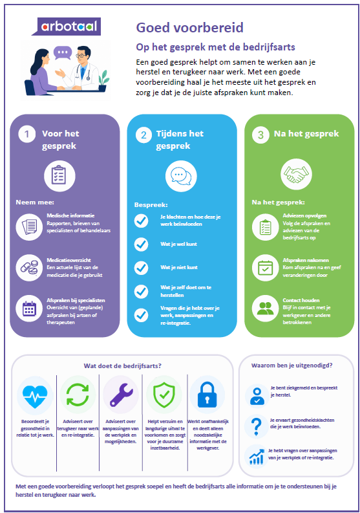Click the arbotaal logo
(67, 26)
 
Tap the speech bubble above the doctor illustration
(63, 52)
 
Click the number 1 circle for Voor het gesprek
(26, 134)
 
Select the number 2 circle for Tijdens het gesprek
(143, 135)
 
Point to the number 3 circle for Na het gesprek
(260, 135)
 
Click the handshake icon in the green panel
(296, 174)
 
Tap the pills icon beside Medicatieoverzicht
(29, 268)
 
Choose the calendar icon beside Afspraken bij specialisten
(29, 309)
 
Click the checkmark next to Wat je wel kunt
(142, 244)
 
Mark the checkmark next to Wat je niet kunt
(142, 268)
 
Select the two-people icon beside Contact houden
(266, 308)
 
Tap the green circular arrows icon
(78, 395)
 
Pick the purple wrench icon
(121, 395)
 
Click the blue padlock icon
(207, 394)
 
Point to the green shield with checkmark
(164, 395)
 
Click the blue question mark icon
(257, 426)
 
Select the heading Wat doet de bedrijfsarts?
(123, 366)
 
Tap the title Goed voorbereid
(189, 28)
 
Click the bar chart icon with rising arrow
(257, 457)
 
